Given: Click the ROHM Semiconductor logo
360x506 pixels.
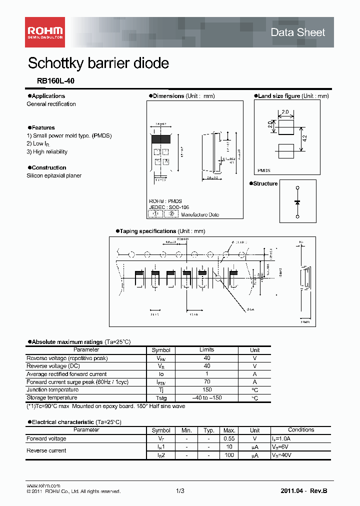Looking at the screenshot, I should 44,32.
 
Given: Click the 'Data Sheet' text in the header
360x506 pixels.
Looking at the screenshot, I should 297,32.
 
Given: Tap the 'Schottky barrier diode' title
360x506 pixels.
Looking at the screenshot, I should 98,63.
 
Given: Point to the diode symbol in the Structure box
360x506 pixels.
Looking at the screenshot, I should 297,201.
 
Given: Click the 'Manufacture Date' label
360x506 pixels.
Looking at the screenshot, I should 200,214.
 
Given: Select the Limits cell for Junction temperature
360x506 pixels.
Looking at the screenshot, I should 206,390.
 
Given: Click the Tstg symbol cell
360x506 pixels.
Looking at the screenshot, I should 161,398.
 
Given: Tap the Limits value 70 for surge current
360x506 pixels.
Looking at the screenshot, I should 206,382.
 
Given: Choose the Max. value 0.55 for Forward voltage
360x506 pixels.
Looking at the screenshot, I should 229,438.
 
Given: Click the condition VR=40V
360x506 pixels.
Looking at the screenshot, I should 282,455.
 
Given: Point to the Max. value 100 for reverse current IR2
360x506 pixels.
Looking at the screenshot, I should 229,455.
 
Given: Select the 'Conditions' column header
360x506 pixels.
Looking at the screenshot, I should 301,430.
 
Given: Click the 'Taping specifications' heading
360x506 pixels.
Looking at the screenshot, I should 147,231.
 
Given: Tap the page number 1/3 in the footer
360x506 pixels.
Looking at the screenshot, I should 180,491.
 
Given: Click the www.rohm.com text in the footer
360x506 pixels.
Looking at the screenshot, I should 43,485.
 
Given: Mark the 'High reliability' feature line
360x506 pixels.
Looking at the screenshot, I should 47,152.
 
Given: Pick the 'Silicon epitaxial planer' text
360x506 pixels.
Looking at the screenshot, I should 54,176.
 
